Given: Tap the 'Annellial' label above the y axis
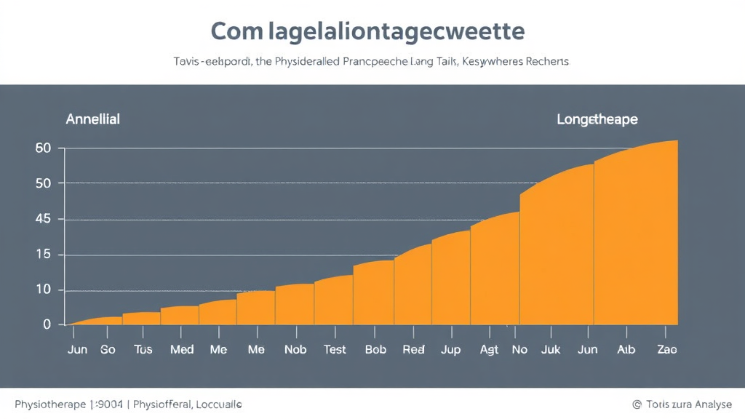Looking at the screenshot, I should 92,119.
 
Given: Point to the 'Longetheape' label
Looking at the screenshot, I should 597,119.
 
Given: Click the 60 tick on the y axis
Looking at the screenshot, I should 43,148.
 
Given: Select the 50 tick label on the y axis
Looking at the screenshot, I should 43,183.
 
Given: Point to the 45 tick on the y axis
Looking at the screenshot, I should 43,219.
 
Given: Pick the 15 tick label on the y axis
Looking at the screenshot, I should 43,255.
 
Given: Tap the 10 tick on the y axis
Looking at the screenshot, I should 43,290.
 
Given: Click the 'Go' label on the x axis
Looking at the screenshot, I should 108,349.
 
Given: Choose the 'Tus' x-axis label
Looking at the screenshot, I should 143,349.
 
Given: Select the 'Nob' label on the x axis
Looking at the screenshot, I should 295,349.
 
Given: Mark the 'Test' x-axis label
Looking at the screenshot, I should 335,349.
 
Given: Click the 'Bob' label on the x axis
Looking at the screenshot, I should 375,349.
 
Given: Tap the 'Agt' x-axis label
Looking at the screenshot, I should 489,349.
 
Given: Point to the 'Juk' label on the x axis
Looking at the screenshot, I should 551,349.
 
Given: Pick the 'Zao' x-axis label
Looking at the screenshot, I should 666,349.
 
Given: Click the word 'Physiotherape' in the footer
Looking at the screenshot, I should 49,404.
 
